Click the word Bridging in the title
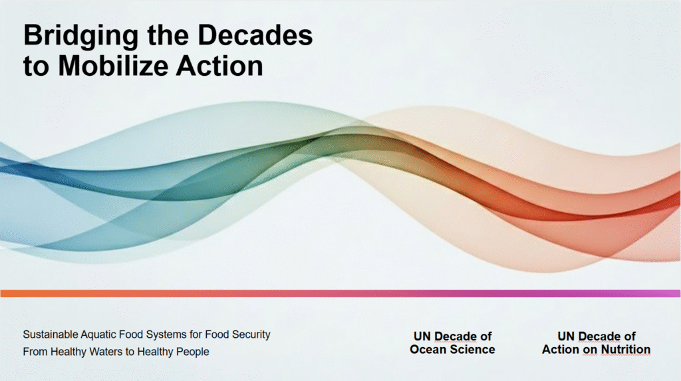81,37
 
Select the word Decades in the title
255,35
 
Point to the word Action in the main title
219,66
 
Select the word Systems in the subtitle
166,335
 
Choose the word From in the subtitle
35,352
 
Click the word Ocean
428,349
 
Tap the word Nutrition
625,349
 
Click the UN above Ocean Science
422,336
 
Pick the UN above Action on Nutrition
566,336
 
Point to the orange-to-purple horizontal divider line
340,294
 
